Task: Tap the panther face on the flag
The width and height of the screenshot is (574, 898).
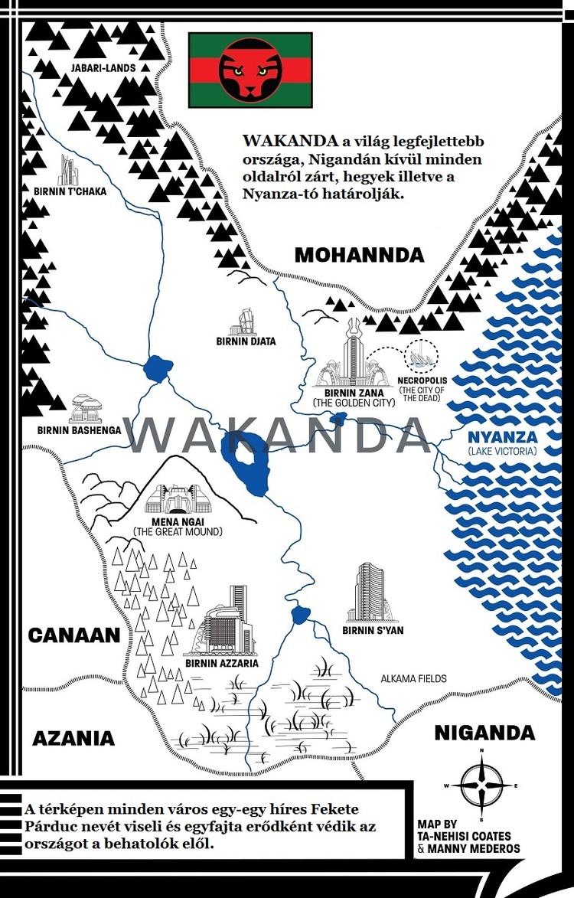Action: [x=249, y=70]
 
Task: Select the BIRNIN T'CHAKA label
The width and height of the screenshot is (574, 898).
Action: [x=70, y=191]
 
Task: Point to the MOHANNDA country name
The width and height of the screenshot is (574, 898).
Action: [x=359, y=255]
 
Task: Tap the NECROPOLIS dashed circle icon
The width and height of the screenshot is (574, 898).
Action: [x=420, y=356]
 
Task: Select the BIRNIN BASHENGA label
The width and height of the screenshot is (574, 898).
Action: [x=79, y=430]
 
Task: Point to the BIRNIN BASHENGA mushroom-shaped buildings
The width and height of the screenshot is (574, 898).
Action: [x=83, y=409]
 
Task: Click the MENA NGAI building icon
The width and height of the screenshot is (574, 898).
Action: [x=177, y=501]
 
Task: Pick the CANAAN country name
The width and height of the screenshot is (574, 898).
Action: [x=74, y=635]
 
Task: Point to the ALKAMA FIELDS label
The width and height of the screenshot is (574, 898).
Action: [x=413, y=679]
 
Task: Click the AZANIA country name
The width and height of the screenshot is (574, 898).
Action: [x=73, y=738]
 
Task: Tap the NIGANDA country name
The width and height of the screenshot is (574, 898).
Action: [x=484, y=733]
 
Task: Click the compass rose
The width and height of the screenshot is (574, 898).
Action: [x=481, y=786]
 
